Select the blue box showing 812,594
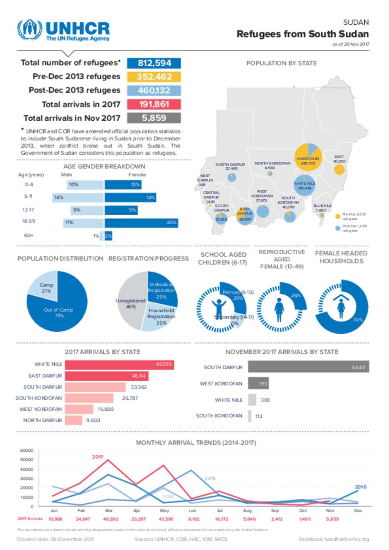tap(154, 63)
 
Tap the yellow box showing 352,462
tap(154, 77)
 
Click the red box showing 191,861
tap(154, 104)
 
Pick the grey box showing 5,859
tap(154, 118)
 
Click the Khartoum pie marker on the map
tap(308, 157)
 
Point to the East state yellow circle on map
tap(339, 169)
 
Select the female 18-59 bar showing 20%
tap(141, 223)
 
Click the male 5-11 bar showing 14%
tap(78, 198)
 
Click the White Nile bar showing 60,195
tap(119, 364)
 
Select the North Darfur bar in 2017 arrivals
tap(73, 420)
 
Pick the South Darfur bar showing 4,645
tap(308, 367)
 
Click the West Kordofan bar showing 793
tap(258, 383)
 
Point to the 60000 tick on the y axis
tap(27, 451)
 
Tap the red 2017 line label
tap(98, 457)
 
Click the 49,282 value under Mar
tap(111, 519)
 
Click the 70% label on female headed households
tap(357, 320)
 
